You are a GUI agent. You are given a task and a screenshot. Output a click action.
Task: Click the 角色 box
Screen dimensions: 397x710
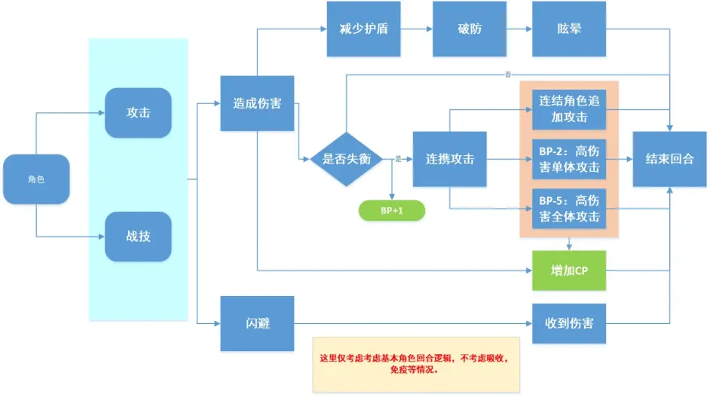[x=36, y=179]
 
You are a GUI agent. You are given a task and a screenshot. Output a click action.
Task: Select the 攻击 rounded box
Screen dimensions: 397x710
[x=138, y=113]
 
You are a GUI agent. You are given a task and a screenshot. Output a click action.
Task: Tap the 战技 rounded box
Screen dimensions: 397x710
[x=138, y=237]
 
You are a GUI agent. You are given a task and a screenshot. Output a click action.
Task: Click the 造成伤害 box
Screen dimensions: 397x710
[x=257, y=104]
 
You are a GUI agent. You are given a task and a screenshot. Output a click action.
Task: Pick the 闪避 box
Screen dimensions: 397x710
[x=257, y=324]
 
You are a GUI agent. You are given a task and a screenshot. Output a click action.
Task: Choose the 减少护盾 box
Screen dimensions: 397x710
[x=353, y=29]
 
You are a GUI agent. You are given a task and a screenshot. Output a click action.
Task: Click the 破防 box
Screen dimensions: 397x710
[x=458, y=29]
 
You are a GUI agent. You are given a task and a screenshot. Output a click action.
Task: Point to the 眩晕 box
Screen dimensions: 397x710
[x=569, y=29]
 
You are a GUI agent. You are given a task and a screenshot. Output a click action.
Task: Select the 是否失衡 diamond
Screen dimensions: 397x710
[x=347, y=159]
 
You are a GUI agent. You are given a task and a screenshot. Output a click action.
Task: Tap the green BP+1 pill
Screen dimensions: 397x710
[x=391, y=210]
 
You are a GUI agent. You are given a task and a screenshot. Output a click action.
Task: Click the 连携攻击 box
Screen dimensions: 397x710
[x=449, y=159]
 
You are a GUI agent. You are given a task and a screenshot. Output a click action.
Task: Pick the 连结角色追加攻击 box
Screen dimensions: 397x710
[x=569, y=109]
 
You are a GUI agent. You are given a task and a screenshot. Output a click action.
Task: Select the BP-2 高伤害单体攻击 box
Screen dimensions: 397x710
[x=569, y=159]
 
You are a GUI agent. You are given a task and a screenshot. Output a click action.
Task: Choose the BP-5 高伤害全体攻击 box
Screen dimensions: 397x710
[x=569, y=209]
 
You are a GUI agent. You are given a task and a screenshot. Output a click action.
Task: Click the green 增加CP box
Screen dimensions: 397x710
[x=569, y=270]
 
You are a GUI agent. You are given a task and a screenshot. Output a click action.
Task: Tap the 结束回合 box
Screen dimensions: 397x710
[x=669, y=159]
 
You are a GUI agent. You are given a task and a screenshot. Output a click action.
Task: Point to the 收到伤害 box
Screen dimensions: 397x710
[x=569, y=324]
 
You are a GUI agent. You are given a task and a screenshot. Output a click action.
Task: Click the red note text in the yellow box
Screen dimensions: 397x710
[x=416, y=364]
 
